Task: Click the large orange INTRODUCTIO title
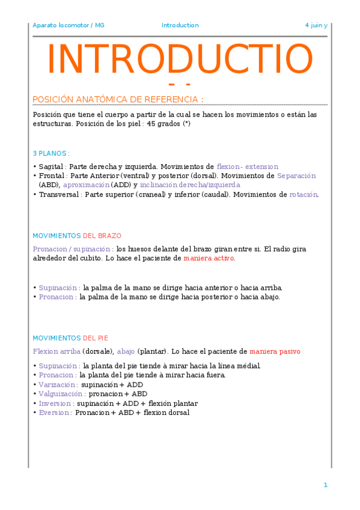180,60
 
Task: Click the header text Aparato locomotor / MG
68,25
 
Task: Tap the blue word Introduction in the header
180,25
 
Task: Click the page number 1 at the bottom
325,485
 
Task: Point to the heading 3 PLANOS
50,153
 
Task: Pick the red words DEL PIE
95,338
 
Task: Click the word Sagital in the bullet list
52,166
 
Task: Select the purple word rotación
304,194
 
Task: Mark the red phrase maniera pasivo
275,351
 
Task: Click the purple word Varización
58,384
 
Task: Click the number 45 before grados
151,123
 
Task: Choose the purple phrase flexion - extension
247,166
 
